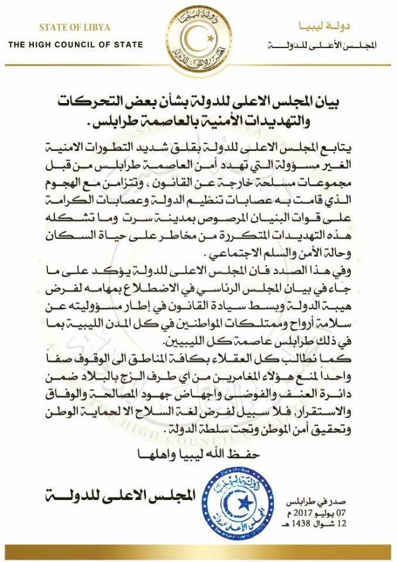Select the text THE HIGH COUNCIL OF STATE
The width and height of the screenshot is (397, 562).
pyautogui.click(x=76, y=44)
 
